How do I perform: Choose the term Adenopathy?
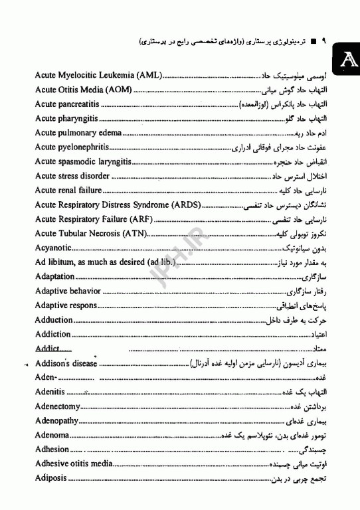click(x=56, y=421)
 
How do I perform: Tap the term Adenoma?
click(x=52, y=435)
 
